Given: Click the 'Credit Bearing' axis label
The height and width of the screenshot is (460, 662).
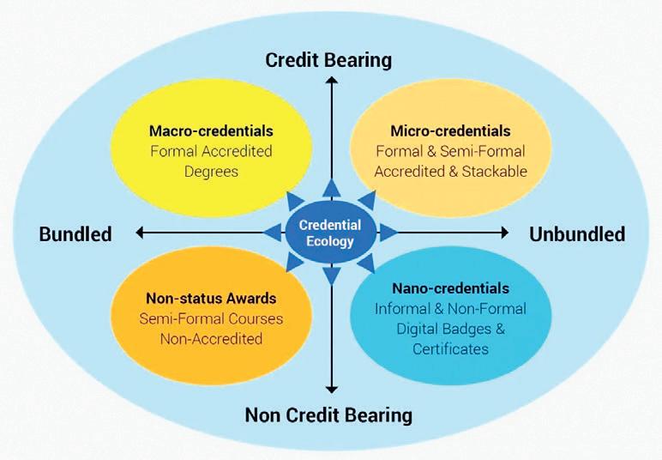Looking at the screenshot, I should (328, 60).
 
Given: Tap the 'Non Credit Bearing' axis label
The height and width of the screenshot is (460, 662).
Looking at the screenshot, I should (328, 415).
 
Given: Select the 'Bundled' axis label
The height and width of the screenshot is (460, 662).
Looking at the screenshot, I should (75, 234).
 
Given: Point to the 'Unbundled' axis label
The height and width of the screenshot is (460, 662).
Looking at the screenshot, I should (576, 234).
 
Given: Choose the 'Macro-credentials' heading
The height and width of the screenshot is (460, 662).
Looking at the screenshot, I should (211, 131).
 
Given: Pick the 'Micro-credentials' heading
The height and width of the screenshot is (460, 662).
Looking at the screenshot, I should (450, 131).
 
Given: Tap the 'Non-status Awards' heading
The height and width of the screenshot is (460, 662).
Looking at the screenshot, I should (211, 299).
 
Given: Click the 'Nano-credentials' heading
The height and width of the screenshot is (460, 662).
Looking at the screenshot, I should (450, 288).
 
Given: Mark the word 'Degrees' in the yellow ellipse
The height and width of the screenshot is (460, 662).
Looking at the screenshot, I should (211, 171).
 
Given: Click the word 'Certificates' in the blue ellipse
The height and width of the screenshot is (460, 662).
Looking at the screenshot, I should (450, 348).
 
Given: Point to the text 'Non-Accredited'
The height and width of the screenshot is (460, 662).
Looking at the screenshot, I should (211, 338).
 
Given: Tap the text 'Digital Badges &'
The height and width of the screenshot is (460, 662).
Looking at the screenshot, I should (450, 329).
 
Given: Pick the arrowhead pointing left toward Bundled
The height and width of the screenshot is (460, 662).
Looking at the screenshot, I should (140, 233).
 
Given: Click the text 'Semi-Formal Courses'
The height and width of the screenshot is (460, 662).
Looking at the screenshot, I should (211, 318).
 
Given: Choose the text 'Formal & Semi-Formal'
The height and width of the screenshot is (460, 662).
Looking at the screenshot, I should (450, 151).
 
